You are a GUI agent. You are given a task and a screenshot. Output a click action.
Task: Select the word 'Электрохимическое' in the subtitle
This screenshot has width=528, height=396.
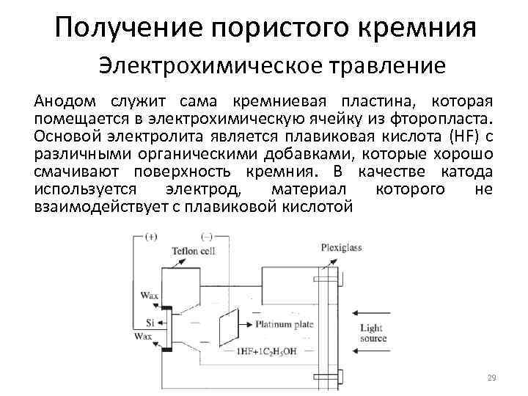(201, 66)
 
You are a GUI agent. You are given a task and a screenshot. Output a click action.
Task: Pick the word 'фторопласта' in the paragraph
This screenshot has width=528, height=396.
(450, 118)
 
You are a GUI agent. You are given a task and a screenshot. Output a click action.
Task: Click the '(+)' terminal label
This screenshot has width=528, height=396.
(151, 237)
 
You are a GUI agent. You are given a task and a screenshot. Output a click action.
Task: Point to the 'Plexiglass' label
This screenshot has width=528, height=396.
(341, 247)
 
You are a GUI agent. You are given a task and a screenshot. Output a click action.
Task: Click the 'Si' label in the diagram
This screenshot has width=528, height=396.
(150, 323)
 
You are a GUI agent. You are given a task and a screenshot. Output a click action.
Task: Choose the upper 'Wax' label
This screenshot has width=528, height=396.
(149, 295)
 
